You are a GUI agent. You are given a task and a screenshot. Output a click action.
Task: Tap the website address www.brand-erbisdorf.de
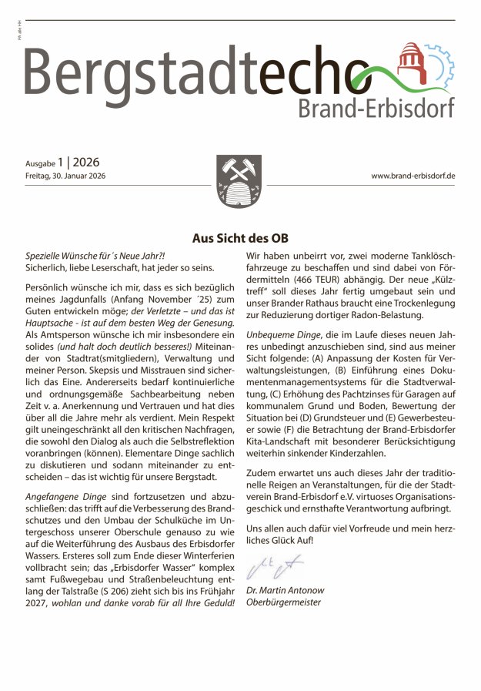point(413,176)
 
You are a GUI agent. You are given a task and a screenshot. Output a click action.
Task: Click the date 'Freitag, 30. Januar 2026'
point(65,176)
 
